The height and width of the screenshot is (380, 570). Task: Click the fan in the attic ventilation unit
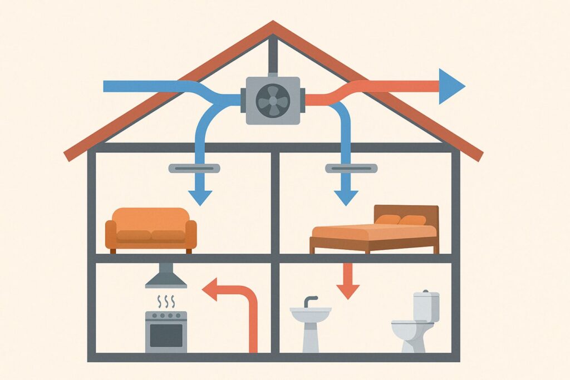click(273, 100)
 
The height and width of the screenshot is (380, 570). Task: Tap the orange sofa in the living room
click(151, 229)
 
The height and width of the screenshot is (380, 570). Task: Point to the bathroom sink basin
click(310, 313)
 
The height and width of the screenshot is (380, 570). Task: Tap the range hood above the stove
click(166, 277)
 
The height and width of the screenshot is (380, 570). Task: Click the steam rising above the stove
click(166, 302)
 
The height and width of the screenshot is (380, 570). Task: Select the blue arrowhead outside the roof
click(450, 86)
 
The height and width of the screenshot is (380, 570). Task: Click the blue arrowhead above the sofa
click(200, 197)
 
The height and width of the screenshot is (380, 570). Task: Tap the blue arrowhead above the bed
click(346, 197)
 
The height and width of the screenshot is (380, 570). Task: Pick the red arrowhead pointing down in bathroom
click(348, 290)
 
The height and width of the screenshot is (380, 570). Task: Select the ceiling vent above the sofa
click(190, 167)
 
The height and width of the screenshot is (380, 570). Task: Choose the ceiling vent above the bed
click(351, 167)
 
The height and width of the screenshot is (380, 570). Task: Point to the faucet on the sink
click(309, 301)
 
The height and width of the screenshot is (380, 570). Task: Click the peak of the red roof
click(273, 24)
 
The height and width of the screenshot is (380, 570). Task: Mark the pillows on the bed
click(400, 220)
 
